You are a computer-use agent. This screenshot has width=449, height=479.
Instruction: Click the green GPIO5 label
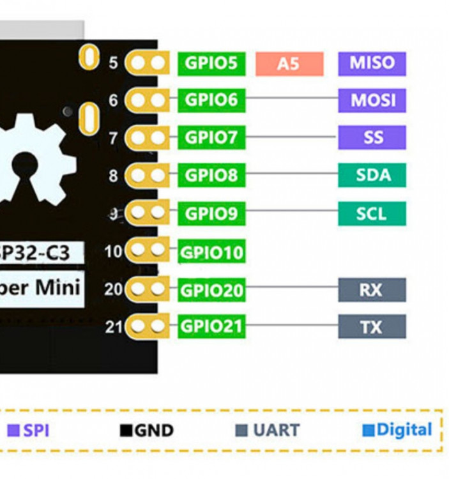(x=211, y=63)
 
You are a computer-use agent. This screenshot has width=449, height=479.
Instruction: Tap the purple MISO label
(x=372, y=63)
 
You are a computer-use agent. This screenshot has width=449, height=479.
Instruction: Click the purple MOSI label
(x=372, y=100)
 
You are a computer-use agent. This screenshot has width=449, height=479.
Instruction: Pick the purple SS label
(x=372, y=137)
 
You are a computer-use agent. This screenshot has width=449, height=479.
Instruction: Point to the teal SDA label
(x=372, y=174)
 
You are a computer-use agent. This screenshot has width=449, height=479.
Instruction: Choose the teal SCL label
(x=372, y=213)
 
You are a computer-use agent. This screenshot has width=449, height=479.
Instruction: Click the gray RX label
(x=372, y=290)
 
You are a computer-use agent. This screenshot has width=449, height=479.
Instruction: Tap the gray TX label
(x=372, y=327)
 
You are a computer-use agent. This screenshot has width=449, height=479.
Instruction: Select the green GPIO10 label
(x=211, y=252)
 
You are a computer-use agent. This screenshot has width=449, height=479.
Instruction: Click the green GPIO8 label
(x=211, y=175)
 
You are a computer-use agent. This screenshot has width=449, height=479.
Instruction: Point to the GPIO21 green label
(x=211, y=326)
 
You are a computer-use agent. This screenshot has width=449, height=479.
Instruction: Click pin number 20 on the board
(x=114, y=289)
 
